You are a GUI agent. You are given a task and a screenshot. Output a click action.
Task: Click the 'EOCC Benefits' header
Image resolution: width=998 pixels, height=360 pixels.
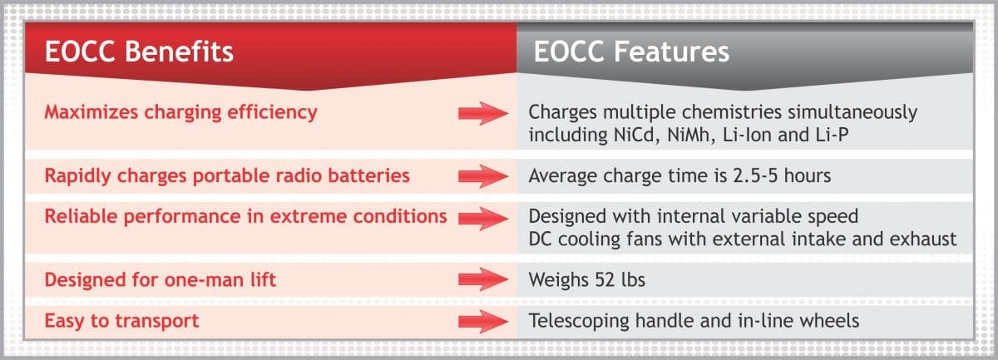139,52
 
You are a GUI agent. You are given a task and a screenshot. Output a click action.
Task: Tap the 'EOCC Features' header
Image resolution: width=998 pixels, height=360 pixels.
631,52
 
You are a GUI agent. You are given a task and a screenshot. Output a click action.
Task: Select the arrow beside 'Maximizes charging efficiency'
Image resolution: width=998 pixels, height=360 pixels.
483,113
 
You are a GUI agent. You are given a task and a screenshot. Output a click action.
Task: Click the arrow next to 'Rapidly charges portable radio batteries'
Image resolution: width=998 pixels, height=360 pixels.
483,176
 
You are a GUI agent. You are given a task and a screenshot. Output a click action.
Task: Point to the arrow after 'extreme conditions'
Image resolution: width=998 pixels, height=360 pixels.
483,219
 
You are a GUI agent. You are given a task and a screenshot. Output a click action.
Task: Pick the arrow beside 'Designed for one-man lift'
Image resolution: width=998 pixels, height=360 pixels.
483,279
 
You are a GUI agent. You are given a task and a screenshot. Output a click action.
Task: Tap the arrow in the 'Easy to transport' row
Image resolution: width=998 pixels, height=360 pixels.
483,321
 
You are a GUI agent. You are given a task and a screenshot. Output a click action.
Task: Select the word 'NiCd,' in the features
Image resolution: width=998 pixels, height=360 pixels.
637,135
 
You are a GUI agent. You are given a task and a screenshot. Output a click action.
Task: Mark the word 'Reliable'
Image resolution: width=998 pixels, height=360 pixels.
82,216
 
